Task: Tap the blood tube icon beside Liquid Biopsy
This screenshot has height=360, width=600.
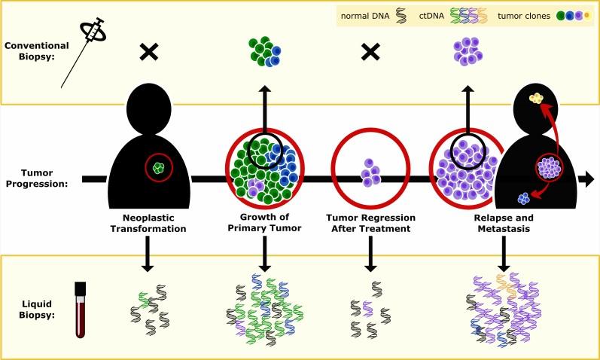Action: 81,310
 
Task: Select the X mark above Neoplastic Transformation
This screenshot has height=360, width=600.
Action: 149,52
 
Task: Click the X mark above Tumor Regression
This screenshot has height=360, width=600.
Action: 370,52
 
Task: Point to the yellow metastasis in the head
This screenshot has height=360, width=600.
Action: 537,99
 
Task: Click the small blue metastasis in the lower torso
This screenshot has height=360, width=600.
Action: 524,198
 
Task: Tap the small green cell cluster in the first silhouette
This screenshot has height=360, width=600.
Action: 158,167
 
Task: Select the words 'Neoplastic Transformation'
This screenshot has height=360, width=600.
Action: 148,223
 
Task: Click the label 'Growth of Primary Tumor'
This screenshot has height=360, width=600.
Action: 264,222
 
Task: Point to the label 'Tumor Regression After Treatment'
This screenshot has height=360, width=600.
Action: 370,223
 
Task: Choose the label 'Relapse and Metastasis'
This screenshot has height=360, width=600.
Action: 504,223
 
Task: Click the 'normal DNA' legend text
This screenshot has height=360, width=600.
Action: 365,16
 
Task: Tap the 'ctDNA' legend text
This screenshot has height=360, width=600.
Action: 431,16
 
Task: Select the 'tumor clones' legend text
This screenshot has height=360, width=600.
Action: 524,16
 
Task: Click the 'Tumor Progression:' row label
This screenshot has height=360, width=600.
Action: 37,178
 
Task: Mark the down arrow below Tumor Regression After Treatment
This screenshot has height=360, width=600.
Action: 370,254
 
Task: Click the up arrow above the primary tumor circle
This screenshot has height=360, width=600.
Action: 265,110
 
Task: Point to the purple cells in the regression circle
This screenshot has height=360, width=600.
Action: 370,172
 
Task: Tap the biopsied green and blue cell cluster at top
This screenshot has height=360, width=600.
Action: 265,51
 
